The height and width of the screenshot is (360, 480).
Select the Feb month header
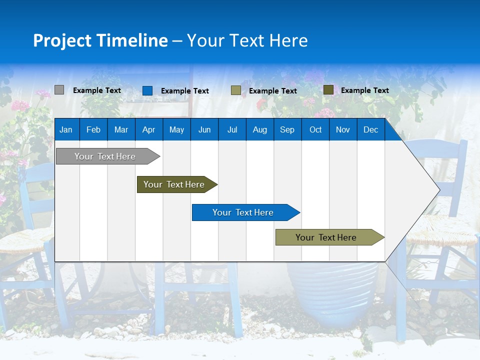[x=93, y=129]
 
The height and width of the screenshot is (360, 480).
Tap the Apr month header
[x=149, y=129]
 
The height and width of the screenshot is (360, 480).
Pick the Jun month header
[x=204, y=129]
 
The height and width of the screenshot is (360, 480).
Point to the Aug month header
[x=260, y=129]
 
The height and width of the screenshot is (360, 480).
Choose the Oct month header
[x=315, y=129]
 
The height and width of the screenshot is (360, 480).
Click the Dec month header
[x=370, y=129]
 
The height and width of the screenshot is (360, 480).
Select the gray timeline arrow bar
[x=108, y=156]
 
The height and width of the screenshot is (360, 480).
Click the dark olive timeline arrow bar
[x=177, y=184]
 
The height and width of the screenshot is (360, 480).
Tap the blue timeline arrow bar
[x=246, y=212]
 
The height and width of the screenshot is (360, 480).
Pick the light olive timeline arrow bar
[x=330, y=237]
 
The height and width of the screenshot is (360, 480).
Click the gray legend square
[x=59, y=89]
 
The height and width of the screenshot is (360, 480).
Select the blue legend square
[x=147, y=90]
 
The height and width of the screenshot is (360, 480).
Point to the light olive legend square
[x=235, y=90]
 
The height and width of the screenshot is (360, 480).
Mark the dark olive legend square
[x=328, y=89]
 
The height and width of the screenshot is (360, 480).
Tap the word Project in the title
[x=62, y=40]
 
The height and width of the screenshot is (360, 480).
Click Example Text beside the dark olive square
[x=365, y=90]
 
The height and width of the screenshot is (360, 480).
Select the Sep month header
[x=287, y=129]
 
